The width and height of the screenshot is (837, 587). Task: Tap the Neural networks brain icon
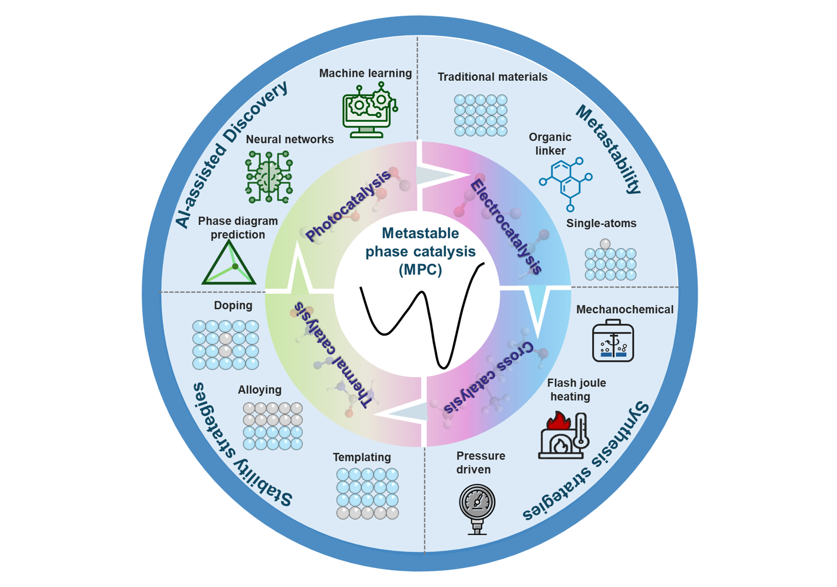tap(269, 177)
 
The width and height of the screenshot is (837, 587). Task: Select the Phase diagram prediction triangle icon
tap(229, 263)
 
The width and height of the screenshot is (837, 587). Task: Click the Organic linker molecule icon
tap(566, 182)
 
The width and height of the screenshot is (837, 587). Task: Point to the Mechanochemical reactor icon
tap(613, 341)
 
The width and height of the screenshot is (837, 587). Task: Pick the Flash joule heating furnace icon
tap(564, 435)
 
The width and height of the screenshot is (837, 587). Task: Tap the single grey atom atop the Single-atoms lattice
tap(605, 244)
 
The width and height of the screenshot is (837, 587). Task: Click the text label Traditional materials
tap(493, 77)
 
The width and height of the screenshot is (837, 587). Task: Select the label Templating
tap(362, 457)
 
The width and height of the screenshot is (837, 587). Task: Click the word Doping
tap(233, 305)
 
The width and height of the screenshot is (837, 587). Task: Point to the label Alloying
tap(259, 390)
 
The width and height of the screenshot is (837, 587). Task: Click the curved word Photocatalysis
tap(348, 206)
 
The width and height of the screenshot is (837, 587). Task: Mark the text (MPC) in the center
tap(420, 269)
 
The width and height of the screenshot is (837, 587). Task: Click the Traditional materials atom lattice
tap(481, 115)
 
